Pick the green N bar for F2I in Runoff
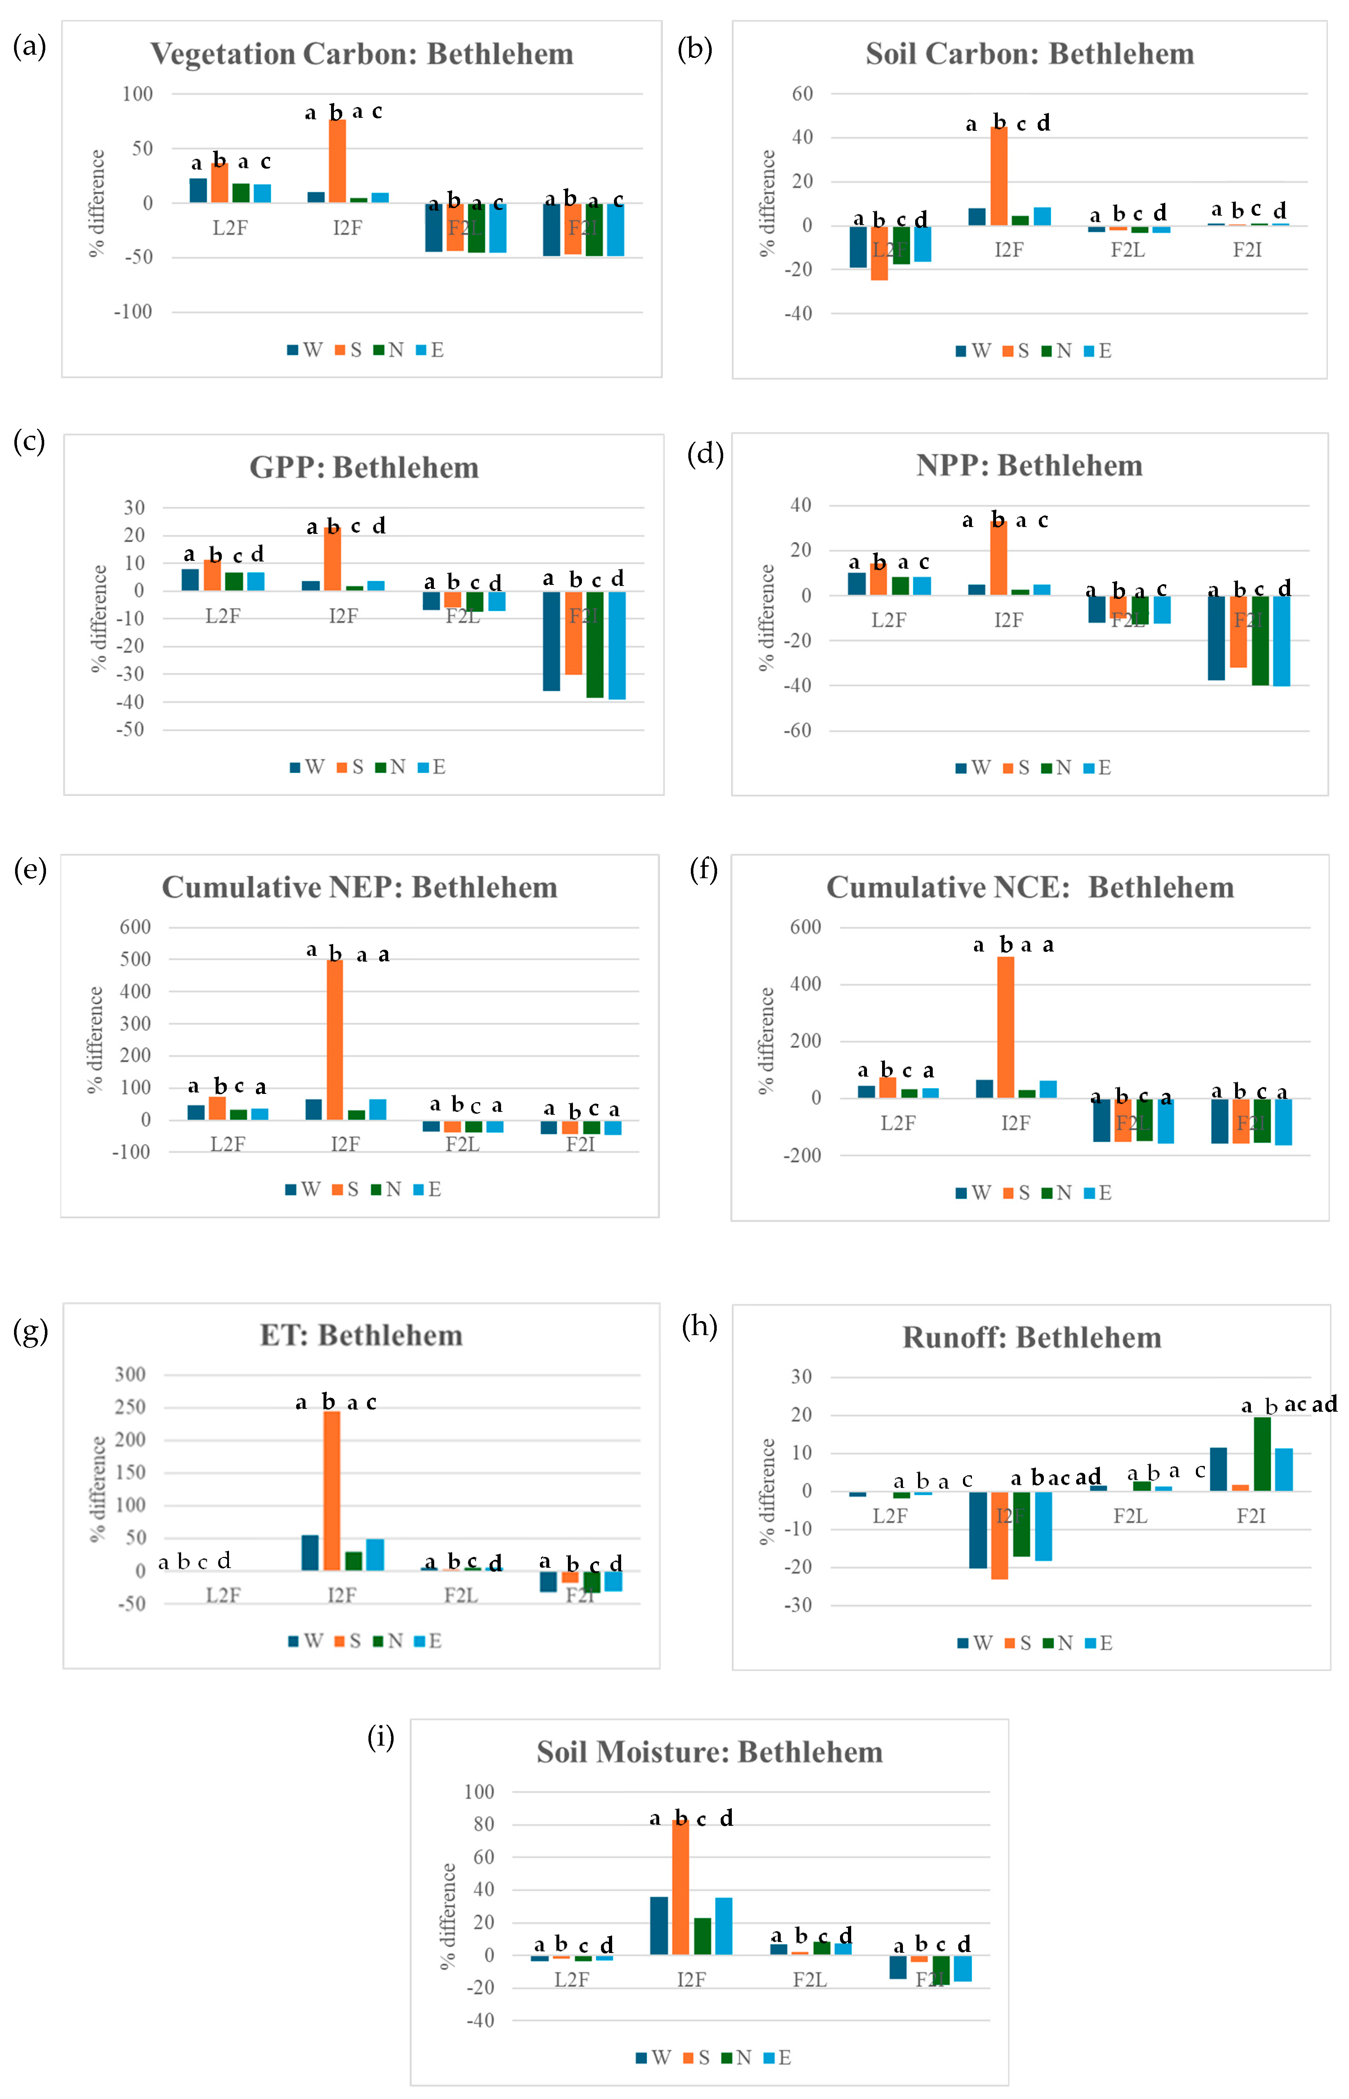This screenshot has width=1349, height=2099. (1262, 1453)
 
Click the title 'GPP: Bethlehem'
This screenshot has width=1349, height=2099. (364, 468)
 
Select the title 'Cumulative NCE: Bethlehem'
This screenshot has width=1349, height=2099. (1030, 888)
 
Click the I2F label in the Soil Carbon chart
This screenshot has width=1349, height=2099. (1008, 250)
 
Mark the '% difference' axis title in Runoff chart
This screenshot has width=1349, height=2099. (767, 1491)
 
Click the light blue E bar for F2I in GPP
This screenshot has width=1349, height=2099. (617, 646)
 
